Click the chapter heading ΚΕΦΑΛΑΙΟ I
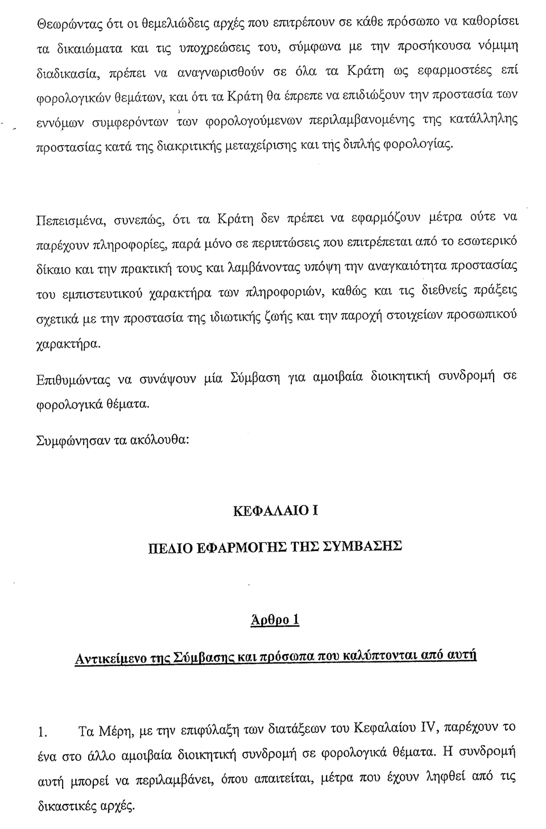[x=275, y=510]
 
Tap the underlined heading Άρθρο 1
[x=275, y=620]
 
